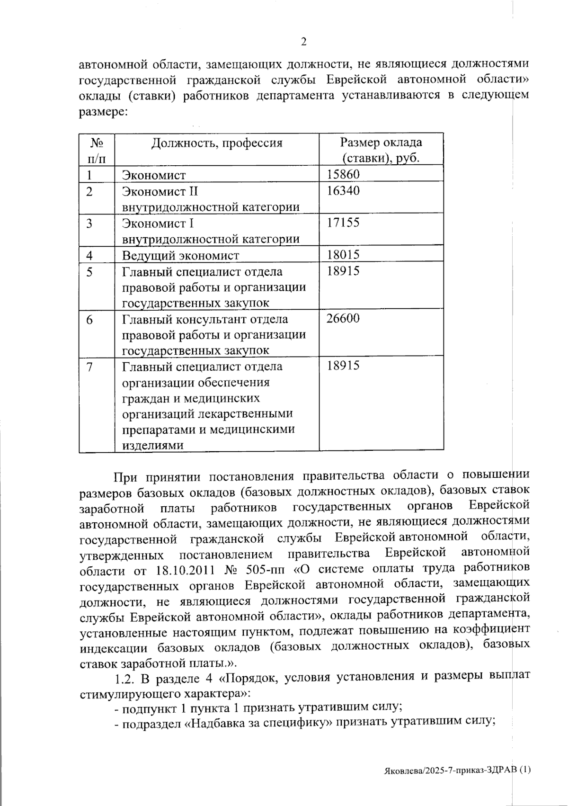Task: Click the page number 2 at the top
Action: point(303,42)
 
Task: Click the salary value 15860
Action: point(343,174)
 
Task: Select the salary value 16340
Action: point(343,191)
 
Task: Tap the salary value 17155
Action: point(343,222)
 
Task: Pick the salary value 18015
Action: point(343,255)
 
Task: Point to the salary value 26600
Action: point(343,318)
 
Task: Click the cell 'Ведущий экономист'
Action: point(181,256)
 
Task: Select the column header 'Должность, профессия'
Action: point(216,143)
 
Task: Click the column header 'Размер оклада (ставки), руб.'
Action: point(381,150)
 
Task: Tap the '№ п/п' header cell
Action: point(97,150)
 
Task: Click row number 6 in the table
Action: point(89,320)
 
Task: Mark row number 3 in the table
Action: point(89,223)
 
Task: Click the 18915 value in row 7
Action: point(343,366)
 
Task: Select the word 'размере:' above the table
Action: point(102,112)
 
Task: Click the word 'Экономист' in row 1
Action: point(154,175)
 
